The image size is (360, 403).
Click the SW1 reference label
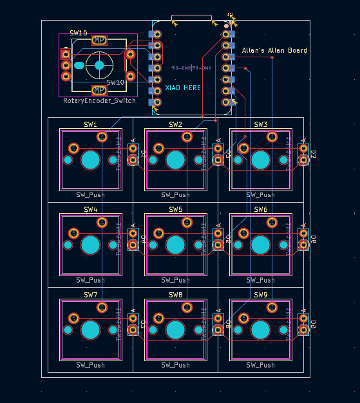(90, 124)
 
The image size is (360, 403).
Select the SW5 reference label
(176, 209)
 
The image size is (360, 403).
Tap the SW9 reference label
(261, 294)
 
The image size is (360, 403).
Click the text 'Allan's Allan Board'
(274, 50)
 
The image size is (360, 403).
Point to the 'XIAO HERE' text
(183, 88)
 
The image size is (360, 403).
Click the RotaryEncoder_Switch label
(99, 101)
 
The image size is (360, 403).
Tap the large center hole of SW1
(90, 160)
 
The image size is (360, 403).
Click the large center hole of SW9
(260, 330)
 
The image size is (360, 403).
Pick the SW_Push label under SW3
(261, 195)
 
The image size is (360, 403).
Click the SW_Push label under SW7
(90, 365)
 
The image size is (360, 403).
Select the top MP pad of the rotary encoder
(99, 41)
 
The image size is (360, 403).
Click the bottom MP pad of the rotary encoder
(99, 90)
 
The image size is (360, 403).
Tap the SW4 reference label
(90, 209)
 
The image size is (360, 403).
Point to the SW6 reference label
(261, 209)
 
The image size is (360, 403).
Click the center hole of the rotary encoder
(99, 65)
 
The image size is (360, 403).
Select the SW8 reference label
(176, 294)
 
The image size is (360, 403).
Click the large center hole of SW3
(260, 160)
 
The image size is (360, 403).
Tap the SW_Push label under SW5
(176, 280)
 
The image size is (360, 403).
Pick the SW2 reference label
(176, 124)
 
